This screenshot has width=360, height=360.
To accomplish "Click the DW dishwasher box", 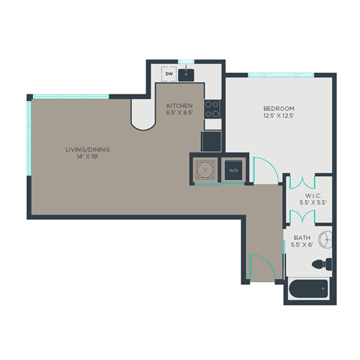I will click(169, 74).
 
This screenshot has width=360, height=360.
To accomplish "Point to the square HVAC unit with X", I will click(205, 169).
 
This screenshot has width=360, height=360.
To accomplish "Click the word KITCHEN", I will click(179, 106).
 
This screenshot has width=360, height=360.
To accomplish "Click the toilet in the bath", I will click(321, 264).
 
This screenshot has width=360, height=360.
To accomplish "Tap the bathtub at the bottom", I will click(308, 289).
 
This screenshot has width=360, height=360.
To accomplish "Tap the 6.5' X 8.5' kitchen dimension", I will click(179, 114).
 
